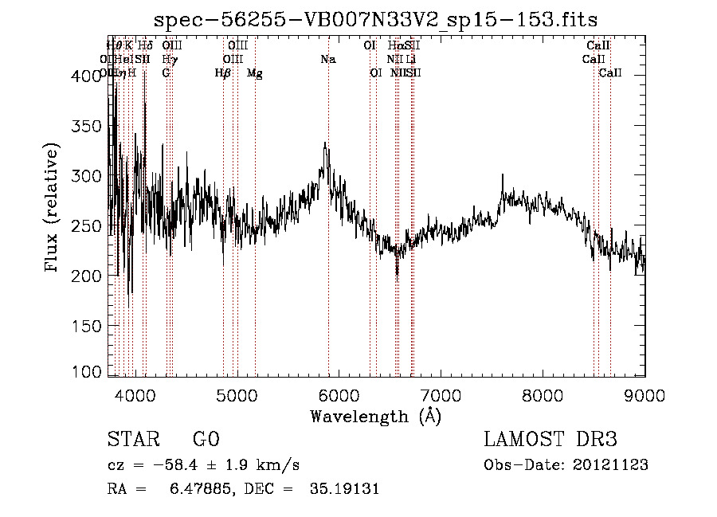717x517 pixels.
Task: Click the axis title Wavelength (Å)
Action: [375, 416]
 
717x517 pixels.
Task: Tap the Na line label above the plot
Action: [327, 60]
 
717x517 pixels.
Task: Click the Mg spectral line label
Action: [254, 73]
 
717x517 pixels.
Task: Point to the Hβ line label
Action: [223, 73]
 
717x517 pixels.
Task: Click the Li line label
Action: [410, 60]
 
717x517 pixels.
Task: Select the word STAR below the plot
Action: [131, 440]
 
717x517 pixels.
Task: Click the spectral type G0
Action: [206, 440]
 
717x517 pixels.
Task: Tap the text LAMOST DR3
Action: [550, 440]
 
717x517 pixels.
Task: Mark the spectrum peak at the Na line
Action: [324, 143]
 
